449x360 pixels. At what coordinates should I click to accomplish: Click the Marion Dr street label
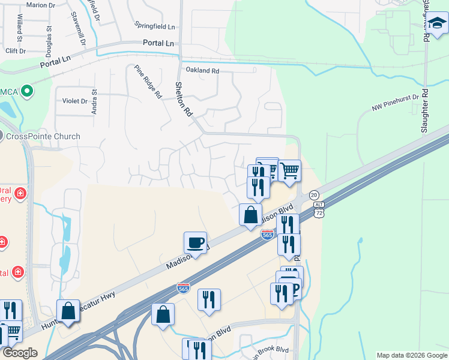41,5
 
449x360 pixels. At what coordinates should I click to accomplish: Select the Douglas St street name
49,37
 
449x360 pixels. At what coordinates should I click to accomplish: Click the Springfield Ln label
155,27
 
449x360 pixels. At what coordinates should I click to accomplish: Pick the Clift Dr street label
15,51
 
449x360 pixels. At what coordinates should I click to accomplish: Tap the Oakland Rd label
202,70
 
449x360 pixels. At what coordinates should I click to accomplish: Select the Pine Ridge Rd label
148,82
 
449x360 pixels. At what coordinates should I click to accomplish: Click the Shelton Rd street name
184,99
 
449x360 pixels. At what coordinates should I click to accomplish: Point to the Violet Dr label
75,101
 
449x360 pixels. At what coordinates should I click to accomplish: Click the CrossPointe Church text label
43,136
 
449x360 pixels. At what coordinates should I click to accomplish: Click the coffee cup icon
195,243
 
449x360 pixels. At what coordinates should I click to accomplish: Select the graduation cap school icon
437,25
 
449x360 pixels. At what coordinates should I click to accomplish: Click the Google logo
20,353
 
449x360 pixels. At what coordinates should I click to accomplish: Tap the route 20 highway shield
314,195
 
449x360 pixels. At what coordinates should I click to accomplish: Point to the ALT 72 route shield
319,209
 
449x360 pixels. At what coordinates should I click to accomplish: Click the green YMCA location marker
26,92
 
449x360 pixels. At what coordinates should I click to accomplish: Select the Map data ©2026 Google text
411,355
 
